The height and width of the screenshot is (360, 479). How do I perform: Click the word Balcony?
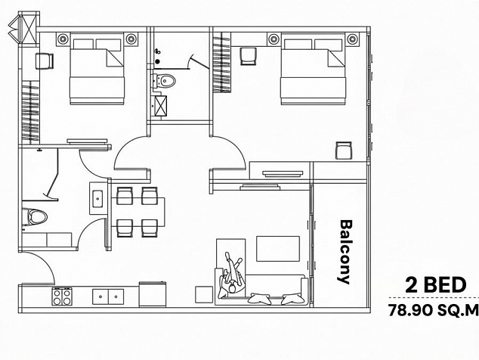(x=346, y=251)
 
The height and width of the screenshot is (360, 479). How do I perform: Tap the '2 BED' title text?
(x=436, y=285)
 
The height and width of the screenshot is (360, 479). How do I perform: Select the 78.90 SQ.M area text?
(x=433, y=310)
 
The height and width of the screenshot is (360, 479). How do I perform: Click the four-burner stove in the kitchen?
(x=62, y=296)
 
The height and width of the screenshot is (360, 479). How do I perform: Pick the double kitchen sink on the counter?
(x=108, y=296)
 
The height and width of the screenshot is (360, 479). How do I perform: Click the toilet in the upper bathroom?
(x=165, y=81)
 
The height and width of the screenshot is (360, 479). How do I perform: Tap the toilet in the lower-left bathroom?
(x=34, y=217)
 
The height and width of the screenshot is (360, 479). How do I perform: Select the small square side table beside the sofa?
(x=204, y=294)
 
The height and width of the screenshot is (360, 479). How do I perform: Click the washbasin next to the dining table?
(x=97, y=198)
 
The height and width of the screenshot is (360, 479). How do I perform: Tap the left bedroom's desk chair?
(x=45, y=61)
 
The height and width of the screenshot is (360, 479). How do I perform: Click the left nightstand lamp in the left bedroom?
(x=63, y=39)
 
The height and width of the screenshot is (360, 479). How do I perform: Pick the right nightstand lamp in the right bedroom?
(x=352, y=39)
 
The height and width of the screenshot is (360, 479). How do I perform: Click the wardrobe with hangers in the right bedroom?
(x=221, y=64)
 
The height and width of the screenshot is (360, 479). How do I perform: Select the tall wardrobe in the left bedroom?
(x=30, y=112)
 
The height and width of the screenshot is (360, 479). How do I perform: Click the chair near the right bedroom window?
(x=344, y=151)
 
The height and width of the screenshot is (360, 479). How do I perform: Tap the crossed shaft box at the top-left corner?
(x=28, y=29)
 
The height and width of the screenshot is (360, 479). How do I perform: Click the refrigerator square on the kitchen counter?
(x=153, y=294)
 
